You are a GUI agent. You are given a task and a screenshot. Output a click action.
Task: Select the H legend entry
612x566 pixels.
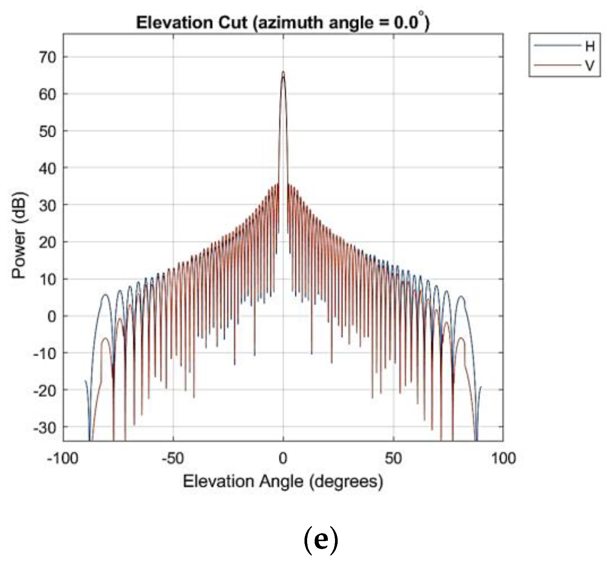[590, 46]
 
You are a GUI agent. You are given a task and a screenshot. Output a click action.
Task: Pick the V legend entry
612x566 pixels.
[590, 66]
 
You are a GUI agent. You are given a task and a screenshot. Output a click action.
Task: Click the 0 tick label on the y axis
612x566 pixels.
[51, 316]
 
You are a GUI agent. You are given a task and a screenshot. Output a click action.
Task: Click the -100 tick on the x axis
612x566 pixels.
[63, 459]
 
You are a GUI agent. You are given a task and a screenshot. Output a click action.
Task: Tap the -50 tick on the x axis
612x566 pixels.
[173, 459]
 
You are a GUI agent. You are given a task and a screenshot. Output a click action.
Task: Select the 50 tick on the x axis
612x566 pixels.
[393, 459]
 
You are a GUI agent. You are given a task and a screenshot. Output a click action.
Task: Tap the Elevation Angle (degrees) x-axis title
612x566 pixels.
[283, 482]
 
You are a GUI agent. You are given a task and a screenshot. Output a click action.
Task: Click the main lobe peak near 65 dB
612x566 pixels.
[283, 72]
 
